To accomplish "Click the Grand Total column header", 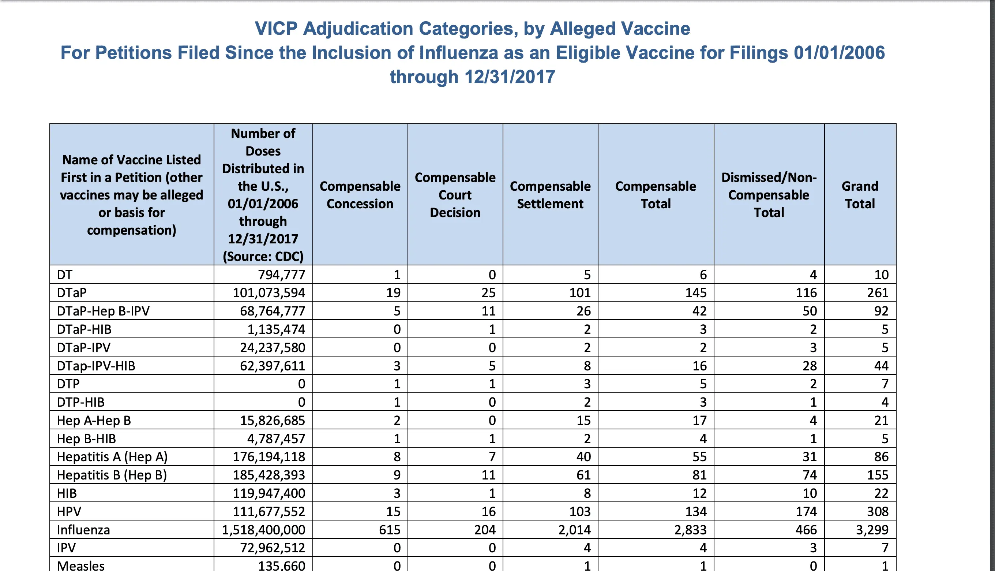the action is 860,195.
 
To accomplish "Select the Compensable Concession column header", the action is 360,195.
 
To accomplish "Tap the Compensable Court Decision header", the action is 455,195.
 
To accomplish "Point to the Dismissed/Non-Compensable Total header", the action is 769,195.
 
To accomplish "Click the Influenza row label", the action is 83,530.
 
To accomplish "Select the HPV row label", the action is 69,511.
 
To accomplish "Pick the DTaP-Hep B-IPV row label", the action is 103,311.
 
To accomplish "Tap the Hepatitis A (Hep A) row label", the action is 112,457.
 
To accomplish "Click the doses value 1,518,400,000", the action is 263,530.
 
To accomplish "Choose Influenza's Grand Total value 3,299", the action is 872,530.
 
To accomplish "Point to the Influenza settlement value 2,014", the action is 575,530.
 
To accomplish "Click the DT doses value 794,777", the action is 281,275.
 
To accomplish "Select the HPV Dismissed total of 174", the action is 806,511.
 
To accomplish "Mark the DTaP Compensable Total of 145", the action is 696,292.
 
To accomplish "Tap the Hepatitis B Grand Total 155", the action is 878,475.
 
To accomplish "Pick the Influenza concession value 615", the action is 390,530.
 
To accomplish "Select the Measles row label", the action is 81,566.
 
